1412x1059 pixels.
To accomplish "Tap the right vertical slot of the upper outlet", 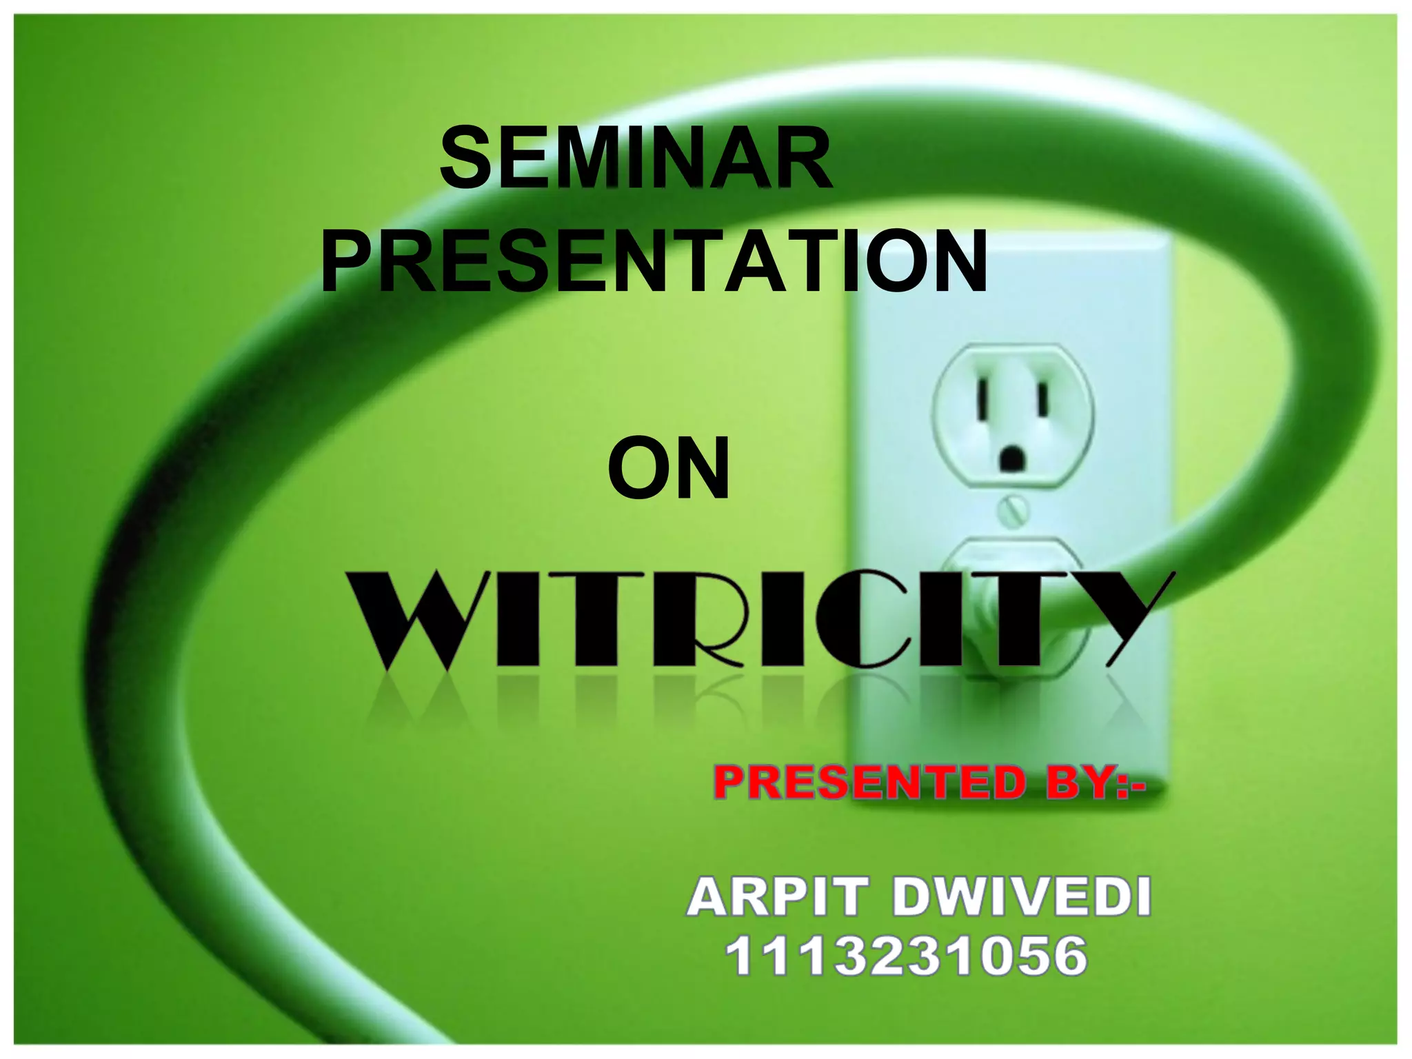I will pos(1043,400).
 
